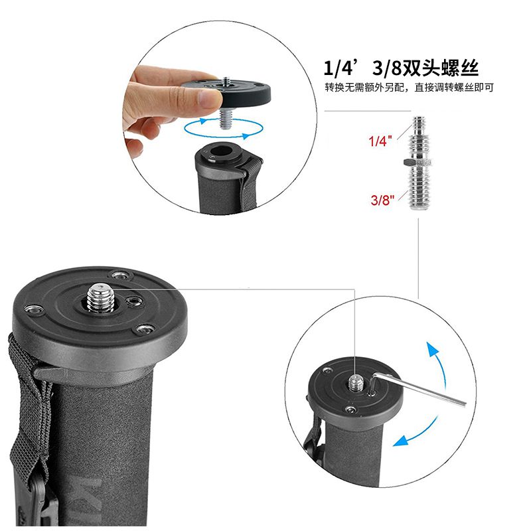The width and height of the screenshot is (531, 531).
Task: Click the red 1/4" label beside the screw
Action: tap(380, 141)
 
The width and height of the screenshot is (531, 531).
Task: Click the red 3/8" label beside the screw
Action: tap(383, 200)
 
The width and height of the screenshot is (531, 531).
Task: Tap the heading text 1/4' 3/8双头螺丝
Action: tap(401, 68)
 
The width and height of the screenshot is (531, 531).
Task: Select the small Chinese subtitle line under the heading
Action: tap(409, 88)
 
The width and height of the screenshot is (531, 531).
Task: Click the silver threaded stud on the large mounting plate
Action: tap(100, 298)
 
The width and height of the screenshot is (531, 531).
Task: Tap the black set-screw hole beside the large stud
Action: tap(133, 301)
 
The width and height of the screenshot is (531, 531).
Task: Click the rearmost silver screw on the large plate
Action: tap(120, 274)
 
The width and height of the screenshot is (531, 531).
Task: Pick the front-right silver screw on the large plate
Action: tap(144, 329)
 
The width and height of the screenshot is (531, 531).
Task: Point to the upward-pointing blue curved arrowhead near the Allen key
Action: tap(433, 349)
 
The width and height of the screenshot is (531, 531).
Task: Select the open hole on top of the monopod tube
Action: tap(222, 151)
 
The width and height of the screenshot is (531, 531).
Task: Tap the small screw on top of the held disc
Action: tap(226, 82)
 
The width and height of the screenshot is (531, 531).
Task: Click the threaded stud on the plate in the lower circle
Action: tap(356, 383)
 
